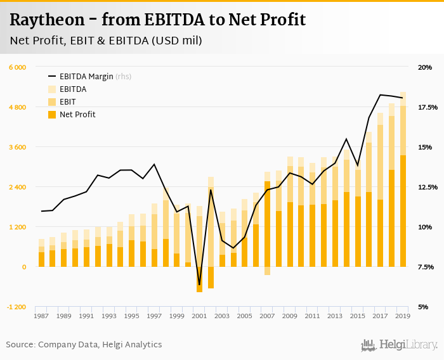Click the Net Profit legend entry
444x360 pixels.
(x=77, y=115)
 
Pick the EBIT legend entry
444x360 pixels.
(x=68, y=102)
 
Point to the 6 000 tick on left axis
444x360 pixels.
(x=17, y=67)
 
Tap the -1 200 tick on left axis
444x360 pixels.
(x=16, y=307)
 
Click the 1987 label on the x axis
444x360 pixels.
(x=41, y=316)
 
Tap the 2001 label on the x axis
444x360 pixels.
(x=199, y=316)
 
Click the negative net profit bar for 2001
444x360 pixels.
(x=199, y=280)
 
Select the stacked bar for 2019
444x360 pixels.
(x=403, y=190)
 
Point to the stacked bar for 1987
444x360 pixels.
(x=41, y=254)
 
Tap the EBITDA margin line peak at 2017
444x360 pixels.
(x=380, y=95)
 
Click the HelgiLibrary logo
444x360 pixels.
(x=400, y=345)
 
